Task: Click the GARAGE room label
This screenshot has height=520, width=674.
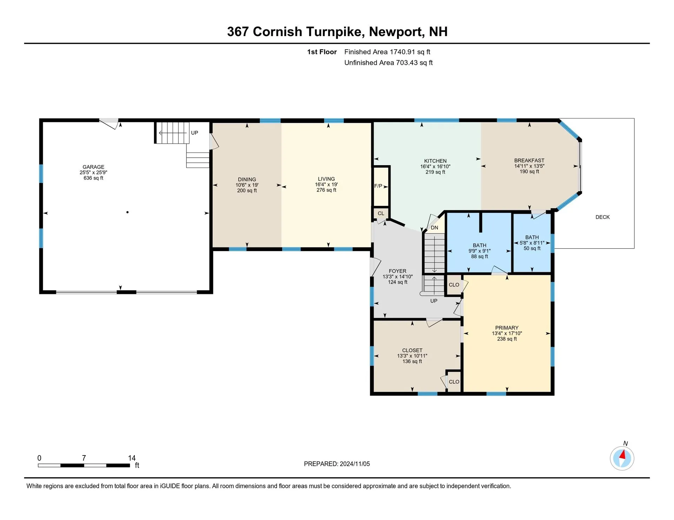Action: coord(93,167)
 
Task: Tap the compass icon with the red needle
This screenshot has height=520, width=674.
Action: coord(622,458)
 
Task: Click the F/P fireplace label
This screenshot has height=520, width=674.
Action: coord(378,186)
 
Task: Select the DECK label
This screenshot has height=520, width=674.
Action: coord(602,217)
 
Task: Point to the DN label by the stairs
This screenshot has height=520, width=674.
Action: coord(434,228)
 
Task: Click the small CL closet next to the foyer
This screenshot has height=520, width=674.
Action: coord(381,213)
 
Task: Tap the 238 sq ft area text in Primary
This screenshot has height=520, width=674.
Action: coord(507,339)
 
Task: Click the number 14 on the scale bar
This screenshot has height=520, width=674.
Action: coord(132,458)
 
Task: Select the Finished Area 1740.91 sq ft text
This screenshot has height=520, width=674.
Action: coord(387,52)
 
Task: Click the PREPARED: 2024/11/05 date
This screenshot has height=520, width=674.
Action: coord(337,464)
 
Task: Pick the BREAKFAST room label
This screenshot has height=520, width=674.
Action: coord(529,161)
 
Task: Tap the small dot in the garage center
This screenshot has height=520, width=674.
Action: coord(127,212)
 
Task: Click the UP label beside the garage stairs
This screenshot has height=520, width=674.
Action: coord(194,133)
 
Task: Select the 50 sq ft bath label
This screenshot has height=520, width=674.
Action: coord(532,248)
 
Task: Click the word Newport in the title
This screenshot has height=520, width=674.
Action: coord(395,32)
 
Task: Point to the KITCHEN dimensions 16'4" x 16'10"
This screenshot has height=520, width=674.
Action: coord(435,167)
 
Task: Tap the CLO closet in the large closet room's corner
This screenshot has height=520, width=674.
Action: coord(454,382)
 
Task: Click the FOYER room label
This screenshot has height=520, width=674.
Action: coord(397,271)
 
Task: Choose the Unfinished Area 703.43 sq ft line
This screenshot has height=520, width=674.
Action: coord(388,63)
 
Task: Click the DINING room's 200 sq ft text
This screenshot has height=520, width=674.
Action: coord(247,191)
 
